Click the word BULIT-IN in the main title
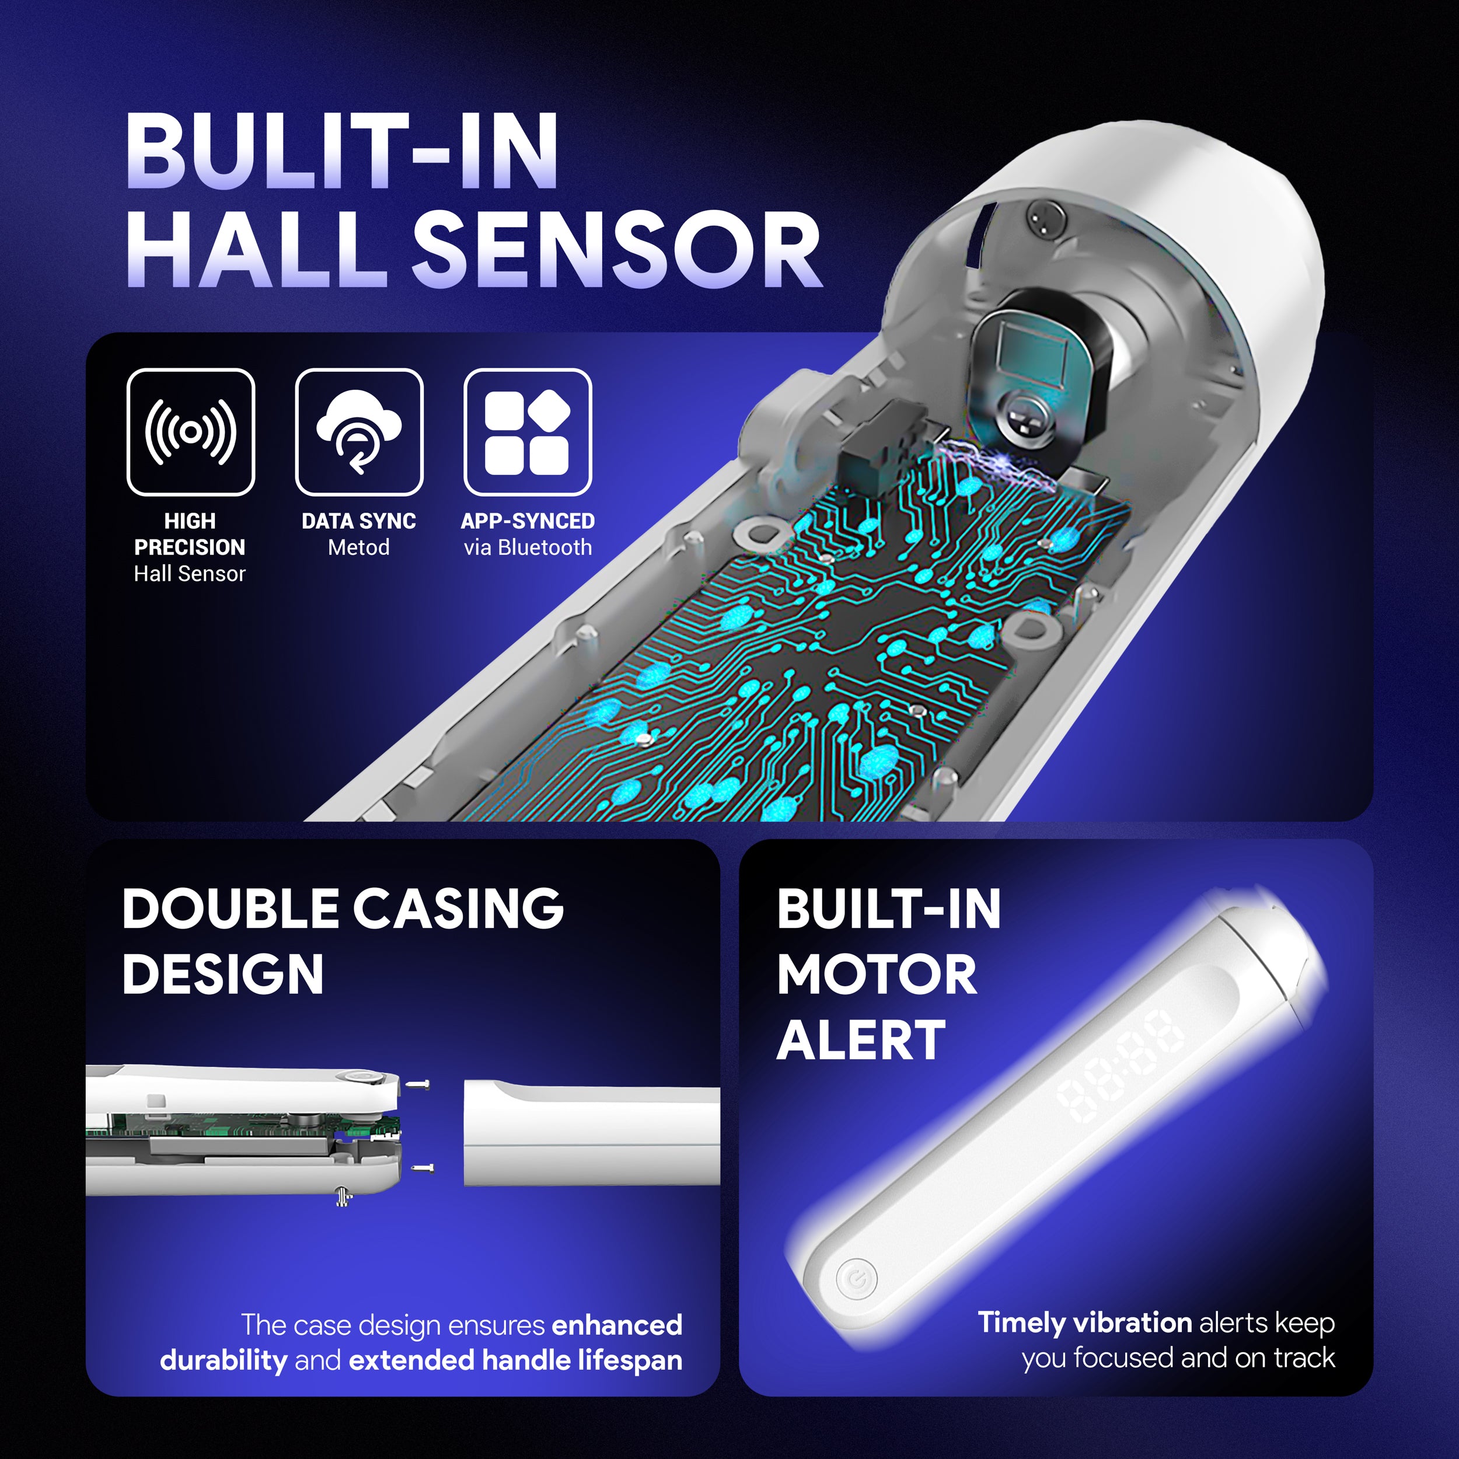tap(342, 151)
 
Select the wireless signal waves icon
tap(191, 432)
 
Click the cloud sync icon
tap(359, 432)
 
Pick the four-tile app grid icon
tap(527, 432)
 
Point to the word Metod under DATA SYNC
tap(359, 547)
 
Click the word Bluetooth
tap(545, 547)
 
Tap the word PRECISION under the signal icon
tap(190, 547)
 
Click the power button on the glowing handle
tap(857, 1279)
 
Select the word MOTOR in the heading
tap(877, 974)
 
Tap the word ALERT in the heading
tap(861, 1041)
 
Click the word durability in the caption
tap(224, 1360)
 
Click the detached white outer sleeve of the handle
tap(591, 1133)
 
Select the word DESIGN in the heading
tap(223, 974)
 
